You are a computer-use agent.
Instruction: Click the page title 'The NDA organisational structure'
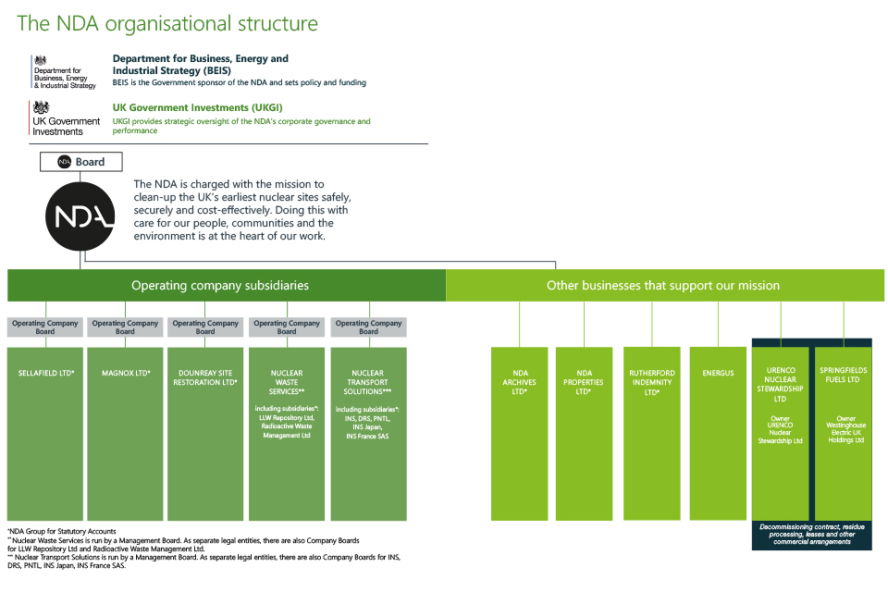[x=167, y=24]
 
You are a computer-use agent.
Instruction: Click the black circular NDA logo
[x=80, y=216]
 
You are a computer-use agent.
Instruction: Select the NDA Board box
[x=80, y=162]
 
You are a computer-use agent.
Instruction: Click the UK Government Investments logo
[x=66, y=119]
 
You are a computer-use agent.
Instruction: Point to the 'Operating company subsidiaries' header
[x=220, y=286]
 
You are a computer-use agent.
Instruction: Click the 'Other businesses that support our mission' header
[x=663, y=286]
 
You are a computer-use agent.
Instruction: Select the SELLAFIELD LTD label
[x=46, y=374]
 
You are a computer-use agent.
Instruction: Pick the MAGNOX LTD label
[x=126, y=374]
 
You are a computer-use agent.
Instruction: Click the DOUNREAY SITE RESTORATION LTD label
[x=205, y=377]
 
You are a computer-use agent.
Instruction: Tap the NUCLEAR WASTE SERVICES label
[x=287, y=382]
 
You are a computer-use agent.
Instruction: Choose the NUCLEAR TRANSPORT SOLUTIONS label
[x=368, y=382]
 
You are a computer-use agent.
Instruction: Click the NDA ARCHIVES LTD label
[x=519, y=382]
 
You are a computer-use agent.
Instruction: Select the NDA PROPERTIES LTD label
[x=584, y=382]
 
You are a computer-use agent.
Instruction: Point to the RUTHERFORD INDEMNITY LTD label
[x=651, y=382]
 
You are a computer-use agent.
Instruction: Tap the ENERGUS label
[x=718, y=374]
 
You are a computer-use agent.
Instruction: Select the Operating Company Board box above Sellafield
[x=45, y=327]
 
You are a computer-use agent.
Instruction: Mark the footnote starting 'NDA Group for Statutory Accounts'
[x=63, y=531]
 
